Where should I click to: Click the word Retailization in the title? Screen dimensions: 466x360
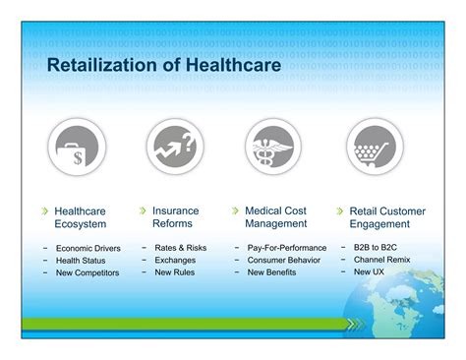pos(102,65)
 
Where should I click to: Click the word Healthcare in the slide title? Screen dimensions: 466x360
pos(233,65)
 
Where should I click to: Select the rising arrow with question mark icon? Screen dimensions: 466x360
pos(175,147)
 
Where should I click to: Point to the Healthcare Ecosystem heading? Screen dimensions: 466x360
pos(81,217)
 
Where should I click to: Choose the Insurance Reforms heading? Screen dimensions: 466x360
pos(176,217)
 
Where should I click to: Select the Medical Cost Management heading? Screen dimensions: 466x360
pos(276,217)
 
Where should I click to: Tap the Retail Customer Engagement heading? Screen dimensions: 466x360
pos(387,217)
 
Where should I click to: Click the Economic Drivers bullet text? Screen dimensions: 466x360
pos(88,248)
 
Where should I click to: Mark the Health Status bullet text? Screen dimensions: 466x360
pos(81,261)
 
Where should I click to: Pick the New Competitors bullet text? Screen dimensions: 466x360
pos(87,272)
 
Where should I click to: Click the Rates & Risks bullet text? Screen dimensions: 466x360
pos(181,248)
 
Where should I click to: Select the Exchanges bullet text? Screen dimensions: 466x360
pos(175,260)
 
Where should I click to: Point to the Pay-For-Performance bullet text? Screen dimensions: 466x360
pos(287,248)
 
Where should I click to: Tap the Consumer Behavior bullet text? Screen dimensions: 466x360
pos(284,260)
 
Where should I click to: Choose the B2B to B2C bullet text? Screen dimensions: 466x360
pos(376,247)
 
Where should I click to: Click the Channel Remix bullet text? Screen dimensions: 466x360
pos(381,260)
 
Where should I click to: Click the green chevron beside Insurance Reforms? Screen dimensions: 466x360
pos(143,210)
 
